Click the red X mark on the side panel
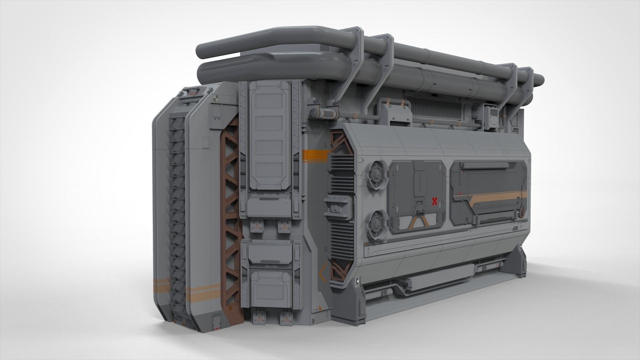tap(434, 201)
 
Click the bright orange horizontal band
tap(315, 155)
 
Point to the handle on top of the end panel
tap(194, 90)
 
